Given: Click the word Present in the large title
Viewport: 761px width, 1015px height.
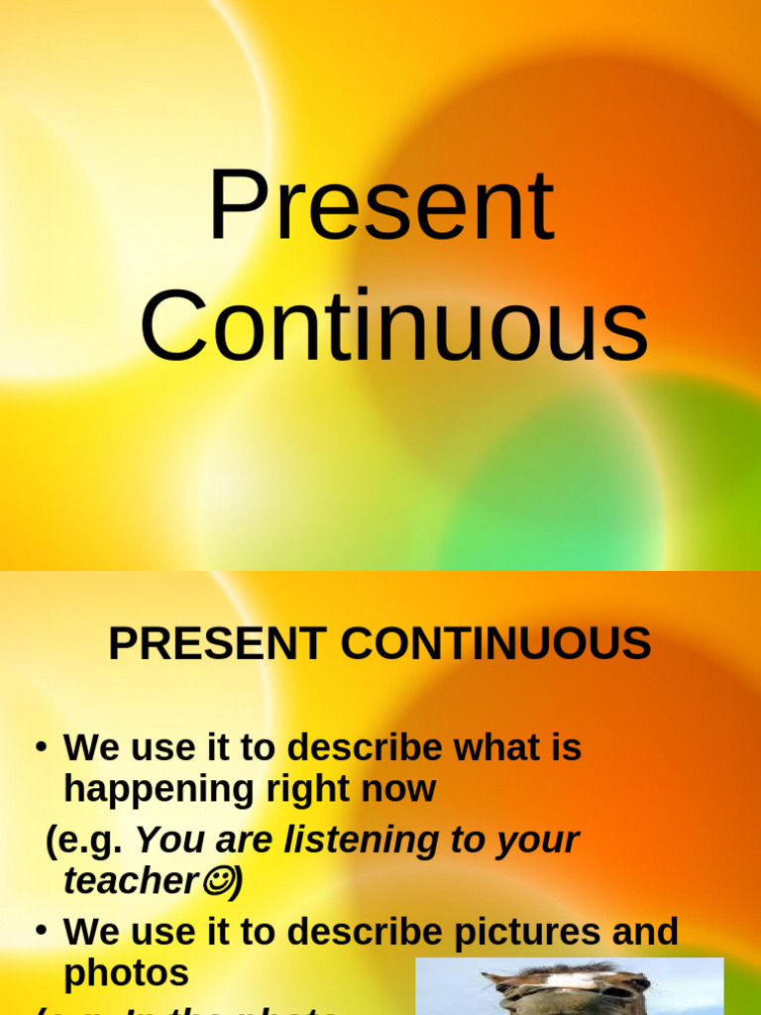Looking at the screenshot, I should pos(380,207).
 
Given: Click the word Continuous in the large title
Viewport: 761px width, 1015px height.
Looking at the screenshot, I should pos(393,326).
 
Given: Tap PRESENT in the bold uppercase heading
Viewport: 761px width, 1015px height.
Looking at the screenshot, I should pos(217,644).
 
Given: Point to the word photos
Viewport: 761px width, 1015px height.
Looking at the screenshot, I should pos(126,973).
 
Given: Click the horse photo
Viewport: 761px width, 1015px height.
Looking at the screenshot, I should pos(569,986).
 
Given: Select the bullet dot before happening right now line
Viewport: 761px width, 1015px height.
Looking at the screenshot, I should pos(42,745).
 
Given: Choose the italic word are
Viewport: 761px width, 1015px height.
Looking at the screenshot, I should pos(244,840).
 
